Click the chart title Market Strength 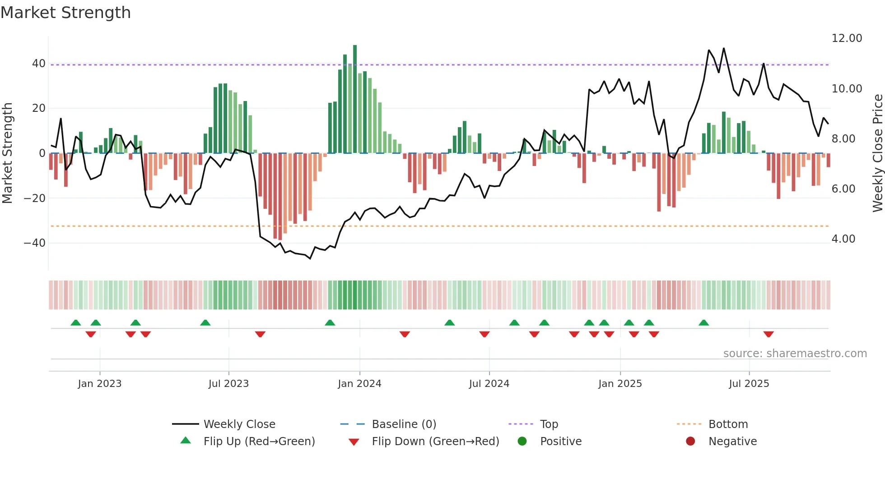[65, 13]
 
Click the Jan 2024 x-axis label [359, 384]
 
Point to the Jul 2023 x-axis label [228, 384]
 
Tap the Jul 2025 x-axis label [749, 384]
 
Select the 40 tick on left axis [39, 64]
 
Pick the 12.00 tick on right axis [847, 38]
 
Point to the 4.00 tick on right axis [843, 239]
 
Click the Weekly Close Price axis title [877, 153]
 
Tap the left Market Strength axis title [8, 153]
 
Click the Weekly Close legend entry [239, 424]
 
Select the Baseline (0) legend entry [404, 424]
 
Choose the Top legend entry [549, 424]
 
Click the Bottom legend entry [728, 424]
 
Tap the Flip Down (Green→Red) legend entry [435, 442]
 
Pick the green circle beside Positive [522, 442]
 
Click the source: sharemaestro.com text [795, 354]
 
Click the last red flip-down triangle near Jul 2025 [769, 334]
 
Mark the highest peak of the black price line [723, 49]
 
